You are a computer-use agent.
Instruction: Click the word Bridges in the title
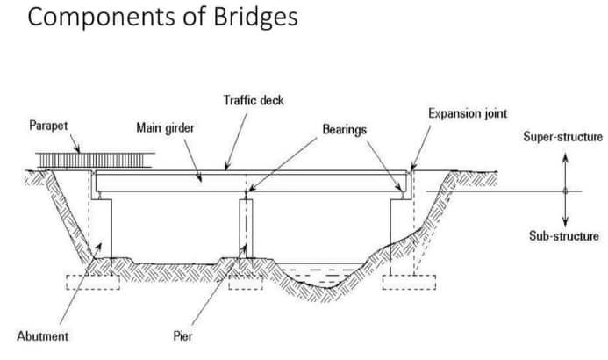(x=255, y=18)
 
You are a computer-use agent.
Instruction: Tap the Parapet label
(x=48, y=126)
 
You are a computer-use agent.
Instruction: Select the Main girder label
(x=165, y=127)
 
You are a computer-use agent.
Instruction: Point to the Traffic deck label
(x=254, y=100)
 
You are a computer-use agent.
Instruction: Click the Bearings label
(x=344, y=129)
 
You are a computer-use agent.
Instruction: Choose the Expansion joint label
(x=468, y=113)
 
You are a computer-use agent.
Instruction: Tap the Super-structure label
(x=562, y=137)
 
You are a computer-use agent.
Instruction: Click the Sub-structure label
(x=564, y=236)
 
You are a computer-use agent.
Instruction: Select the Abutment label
(x=43, y=336)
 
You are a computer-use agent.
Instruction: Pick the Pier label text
(x=182, y=336)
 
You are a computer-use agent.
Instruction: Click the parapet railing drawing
(x=95, y=160)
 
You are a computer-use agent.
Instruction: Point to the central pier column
(x=246, y=228)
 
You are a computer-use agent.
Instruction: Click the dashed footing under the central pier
(x=246, y=282)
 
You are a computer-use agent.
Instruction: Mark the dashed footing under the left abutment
(x=93, y=282)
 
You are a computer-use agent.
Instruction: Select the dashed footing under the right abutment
(x=409, y=282)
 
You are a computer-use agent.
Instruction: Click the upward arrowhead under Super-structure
(x=565, y=157)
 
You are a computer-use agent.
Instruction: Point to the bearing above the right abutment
(x=403, y=196)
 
